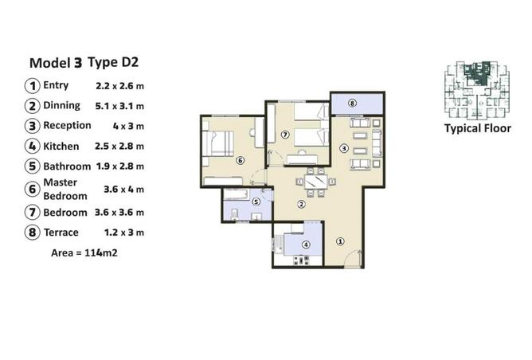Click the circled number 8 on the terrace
coord(351,104)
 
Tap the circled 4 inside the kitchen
coord(307,245)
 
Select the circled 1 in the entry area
coord(340,241)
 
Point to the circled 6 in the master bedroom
coord(240,160)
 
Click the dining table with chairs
coord(315,182)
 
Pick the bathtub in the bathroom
coord(237,194)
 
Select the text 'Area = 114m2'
coord(84,252)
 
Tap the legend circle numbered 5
coord(32,166)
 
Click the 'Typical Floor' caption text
coord(477,128)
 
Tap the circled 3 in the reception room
coord(344,147)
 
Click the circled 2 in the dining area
coord(301,204)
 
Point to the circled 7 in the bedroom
coord(284,135)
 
